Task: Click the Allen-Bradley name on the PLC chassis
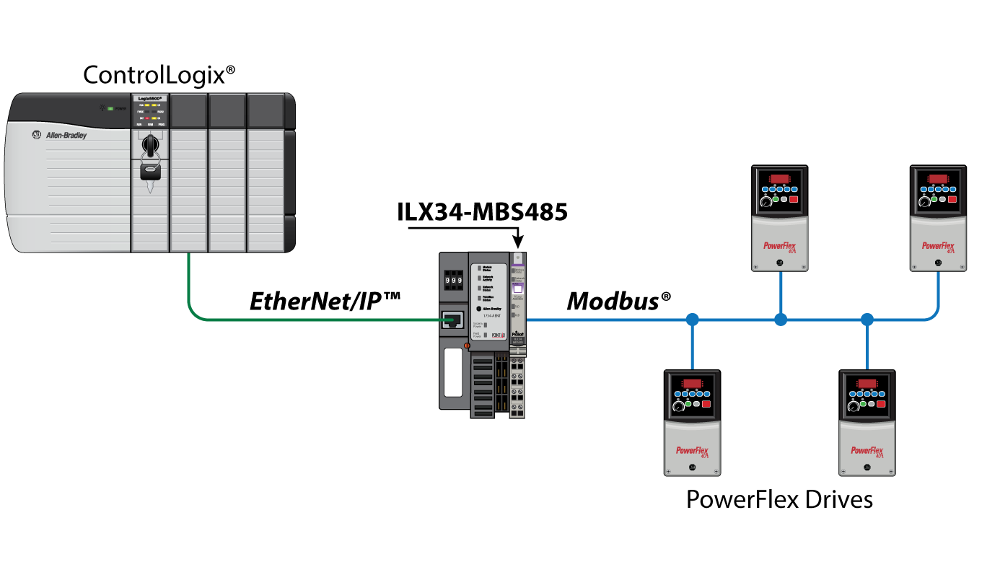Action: click(66, 135)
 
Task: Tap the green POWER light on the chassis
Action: click(110, 108)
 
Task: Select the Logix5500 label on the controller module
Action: click(150, 98)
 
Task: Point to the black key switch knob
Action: click(150, 145)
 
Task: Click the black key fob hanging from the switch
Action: click(150, 172)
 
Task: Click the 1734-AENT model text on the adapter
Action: click(493, 316)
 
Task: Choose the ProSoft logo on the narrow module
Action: click(517, 335)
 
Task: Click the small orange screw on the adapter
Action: click(467, 346)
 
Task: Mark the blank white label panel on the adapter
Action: click(453, 372)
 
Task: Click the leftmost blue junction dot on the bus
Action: click(693, 319)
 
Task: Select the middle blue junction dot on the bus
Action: click(781, 319)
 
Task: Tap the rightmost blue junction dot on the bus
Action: click(867, 319)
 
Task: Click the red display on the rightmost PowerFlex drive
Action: click(938, 178)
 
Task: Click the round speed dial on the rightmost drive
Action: click(924, 204)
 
